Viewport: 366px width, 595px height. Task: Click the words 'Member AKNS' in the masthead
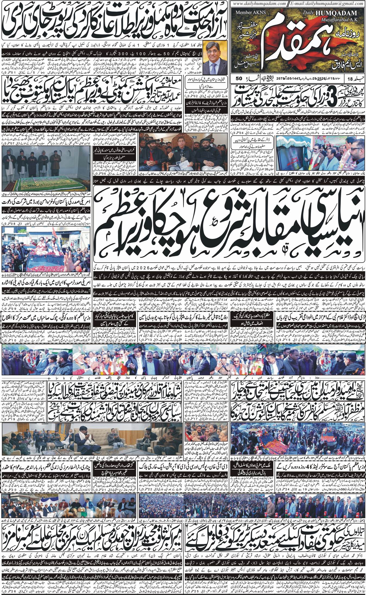[x=248, y=12]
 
